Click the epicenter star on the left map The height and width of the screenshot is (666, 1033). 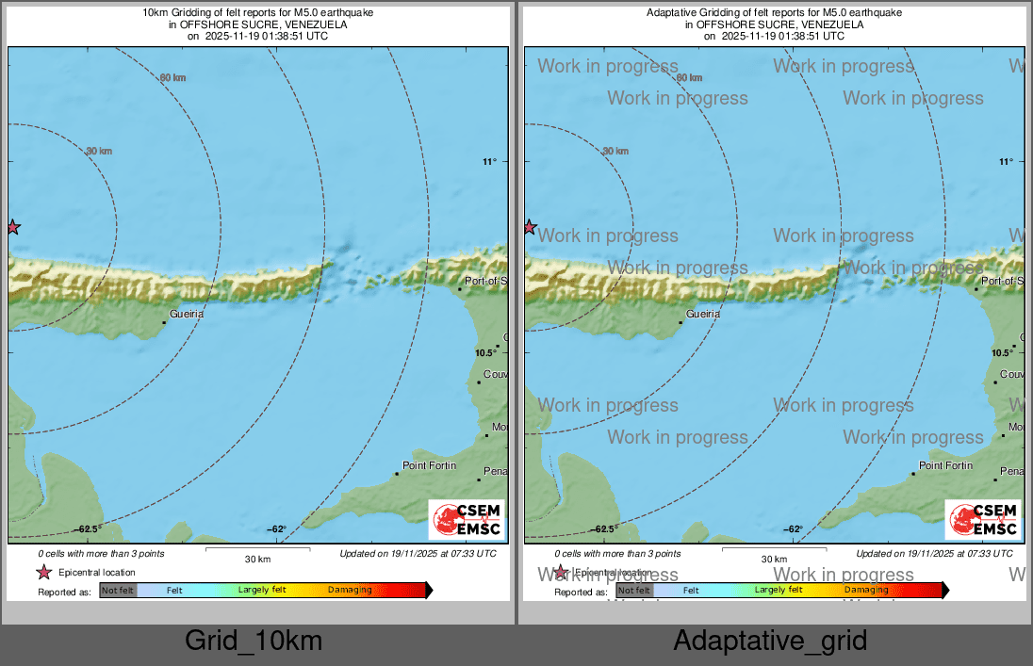click(12, 227)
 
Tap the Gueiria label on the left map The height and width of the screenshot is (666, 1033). click(187, 314)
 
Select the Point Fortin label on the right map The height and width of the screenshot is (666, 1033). click(945, 465)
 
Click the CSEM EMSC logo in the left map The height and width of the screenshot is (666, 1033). click(467, 520)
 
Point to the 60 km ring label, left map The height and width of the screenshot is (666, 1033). click(172, 77)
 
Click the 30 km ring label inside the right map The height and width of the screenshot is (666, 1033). click(615, 151)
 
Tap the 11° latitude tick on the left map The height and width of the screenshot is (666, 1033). click(489, 162)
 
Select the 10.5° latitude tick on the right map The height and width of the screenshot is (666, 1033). click(1002, 352)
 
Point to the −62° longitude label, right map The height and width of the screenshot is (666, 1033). click(794, 529)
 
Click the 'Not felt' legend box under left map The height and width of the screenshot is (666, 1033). click(118, 591)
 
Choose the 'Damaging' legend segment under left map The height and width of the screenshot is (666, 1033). click(350, 591)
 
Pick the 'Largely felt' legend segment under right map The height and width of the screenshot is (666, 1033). click(779, 591)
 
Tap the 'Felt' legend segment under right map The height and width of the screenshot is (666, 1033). click(691, 591)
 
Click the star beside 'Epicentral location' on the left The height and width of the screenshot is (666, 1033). click(44, 573)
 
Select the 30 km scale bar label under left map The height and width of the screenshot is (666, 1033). click(257, 559)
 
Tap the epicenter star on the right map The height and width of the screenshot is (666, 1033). click(530, 227)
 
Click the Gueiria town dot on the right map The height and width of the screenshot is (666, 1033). click(680, 323)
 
